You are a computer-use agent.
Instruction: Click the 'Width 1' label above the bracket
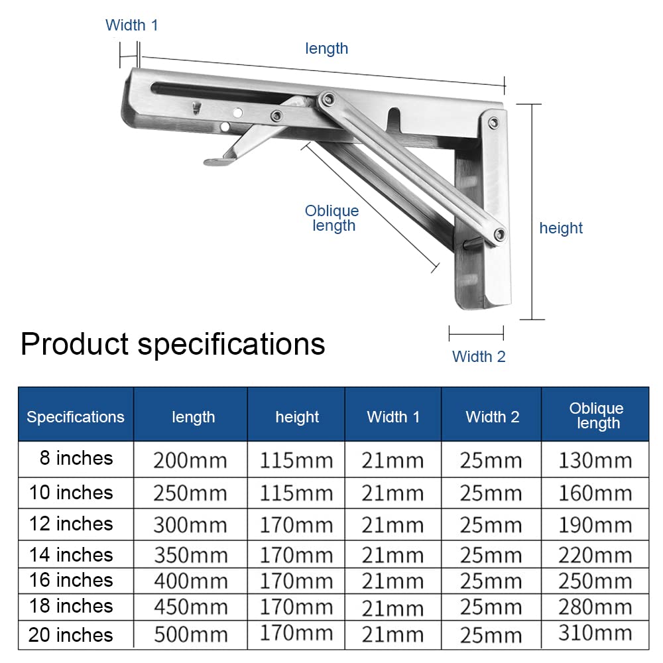tap(131, 25)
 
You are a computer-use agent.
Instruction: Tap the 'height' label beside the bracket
tap(561, 228)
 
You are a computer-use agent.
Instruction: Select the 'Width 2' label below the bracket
tap(479, 357)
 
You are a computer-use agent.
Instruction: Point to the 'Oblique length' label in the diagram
tap(332, 218)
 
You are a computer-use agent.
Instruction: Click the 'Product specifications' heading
tap(173, 343)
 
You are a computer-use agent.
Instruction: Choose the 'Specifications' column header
tap(76, 417)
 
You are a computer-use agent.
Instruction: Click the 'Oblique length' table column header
tap(597, 415)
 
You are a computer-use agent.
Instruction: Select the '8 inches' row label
tap(76, 458)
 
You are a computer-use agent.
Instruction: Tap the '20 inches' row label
tap(71, 634)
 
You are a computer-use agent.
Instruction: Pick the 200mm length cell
tap(190, 461)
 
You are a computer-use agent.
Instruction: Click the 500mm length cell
tap(191, 634)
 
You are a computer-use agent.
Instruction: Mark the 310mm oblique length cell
tap(595, 633)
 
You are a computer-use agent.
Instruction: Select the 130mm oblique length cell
tap(595, 461)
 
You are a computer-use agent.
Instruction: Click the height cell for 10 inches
tap(296, 493)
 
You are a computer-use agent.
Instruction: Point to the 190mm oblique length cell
tap(595, 525)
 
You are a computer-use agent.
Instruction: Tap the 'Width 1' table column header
tap(393, 417)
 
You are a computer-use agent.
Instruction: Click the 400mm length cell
tap(191, 581)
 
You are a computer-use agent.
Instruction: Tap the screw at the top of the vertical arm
tap(493, 123)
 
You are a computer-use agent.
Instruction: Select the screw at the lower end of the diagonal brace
tap(499, 234)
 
